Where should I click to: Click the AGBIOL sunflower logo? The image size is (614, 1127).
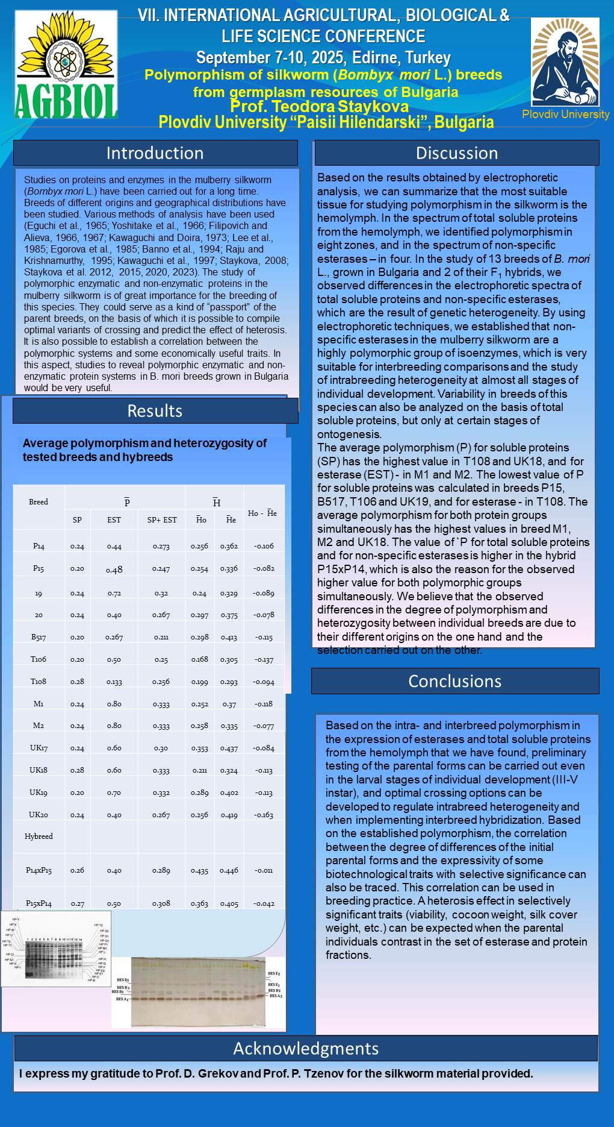click(x=66, y=65)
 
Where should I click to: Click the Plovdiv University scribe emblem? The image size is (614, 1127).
click(x=565, y=62)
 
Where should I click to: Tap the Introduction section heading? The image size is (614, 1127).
click(x=155, y=153)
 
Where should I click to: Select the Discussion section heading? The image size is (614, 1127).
click(x=457, y=153)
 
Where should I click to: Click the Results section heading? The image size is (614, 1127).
click(x=155, y=411)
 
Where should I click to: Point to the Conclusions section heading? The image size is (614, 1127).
click(x=454, y=681)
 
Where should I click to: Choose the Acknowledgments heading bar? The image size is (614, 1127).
click(x=306, y=1049)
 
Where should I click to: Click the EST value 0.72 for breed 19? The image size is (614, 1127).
click(x=114, y=593)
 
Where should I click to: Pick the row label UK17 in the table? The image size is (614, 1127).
click(x=39, y=748)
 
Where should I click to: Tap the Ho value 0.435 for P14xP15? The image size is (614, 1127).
click(x=200, y=870)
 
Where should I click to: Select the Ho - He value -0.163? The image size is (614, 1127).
click(x=264, y=815)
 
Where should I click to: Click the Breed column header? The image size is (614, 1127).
click(x=39, y=502)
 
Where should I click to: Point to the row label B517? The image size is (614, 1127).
click(x=39, y=637)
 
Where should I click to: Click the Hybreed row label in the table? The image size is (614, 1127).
click(x=39, y=837)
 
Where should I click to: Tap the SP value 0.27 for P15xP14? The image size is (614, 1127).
click(x=77, y=903)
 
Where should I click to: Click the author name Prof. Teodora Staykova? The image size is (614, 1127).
click(x=319, y=107)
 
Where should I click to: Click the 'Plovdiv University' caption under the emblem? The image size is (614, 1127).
click(x=565, y=114)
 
